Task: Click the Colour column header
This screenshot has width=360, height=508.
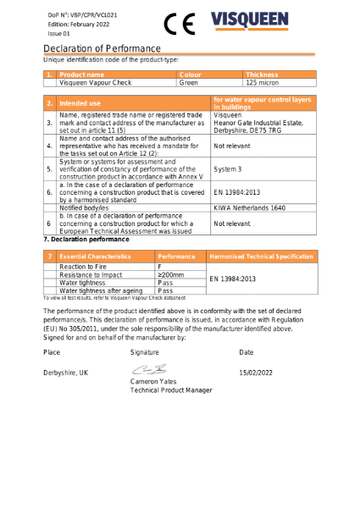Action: coord(191,75)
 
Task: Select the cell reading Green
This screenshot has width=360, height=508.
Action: coord(189,83)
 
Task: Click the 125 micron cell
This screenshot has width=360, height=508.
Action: coord(263,83)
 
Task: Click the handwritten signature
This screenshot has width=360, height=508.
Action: coord(147,370)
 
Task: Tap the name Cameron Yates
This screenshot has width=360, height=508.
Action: coord(156,382)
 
